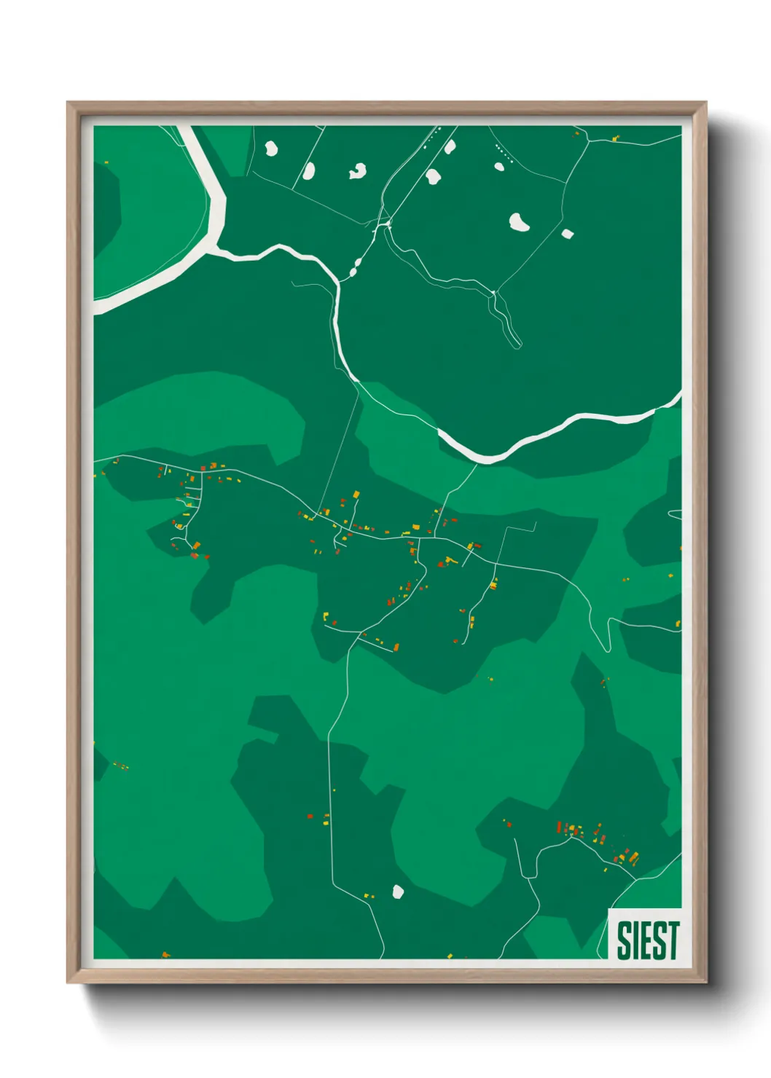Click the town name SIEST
pyautogui.click(x=647, y=940)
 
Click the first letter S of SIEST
pyautogui.click(x=624, y=940)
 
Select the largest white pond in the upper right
pyautogui.click(x=519, y=222)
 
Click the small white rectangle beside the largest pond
pyautogui.click(x=568, y=234)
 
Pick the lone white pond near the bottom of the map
pyautogui.click(x=398, y=892)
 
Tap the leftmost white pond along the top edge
pyautogui.click(x=271, y=149)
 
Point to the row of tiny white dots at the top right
pyautogui.click(x=504, y=154)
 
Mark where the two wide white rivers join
pyautogui.click(x=214, y=250)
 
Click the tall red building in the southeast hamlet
pyautogui.click(x=559, y=827)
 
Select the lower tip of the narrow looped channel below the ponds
pyautogui.click(x=518, y=344)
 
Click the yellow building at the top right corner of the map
pyautogui.click(x=616, y=137)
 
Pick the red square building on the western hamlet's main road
pyautogui.click(x=203, y=468)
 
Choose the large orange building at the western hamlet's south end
pyautogui.click(x=196, y=545)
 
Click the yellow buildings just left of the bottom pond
pyautogui.click(x=368, y=895)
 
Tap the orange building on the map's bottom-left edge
pyautogui.click(x=165, y=953)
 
